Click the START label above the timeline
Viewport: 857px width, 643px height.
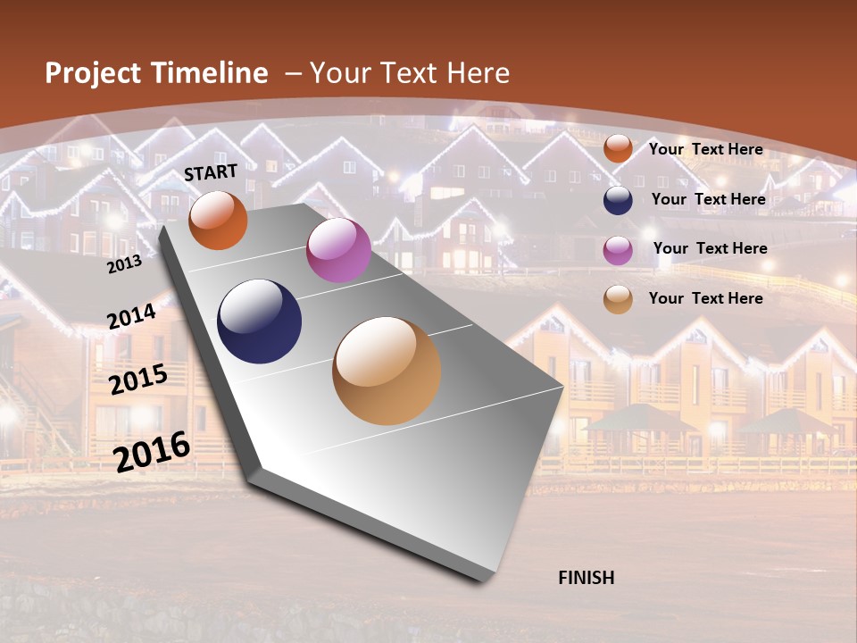pos(211,172)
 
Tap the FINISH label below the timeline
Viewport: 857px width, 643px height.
pos(586,578)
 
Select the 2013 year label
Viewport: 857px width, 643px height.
pos(124,264)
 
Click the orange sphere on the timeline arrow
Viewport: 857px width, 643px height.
pos(218,220)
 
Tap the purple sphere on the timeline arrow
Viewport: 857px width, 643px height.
pos(338,250)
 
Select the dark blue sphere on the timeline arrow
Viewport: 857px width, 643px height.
pos(260,321)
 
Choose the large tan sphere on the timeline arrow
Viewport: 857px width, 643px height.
pos(387,371)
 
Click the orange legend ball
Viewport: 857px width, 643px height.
pos(618,149)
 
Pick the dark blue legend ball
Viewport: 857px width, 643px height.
pos(618,200)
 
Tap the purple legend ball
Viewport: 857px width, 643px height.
pos(618,250)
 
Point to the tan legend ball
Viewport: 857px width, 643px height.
pos(618,300)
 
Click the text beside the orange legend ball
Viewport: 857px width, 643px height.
pos(705,149)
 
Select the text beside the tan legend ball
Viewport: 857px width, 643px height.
pos(705,298)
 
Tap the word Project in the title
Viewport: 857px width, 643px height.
pos(94,73)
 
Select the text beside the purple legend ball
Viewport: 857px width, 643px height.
pos(710,248)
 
